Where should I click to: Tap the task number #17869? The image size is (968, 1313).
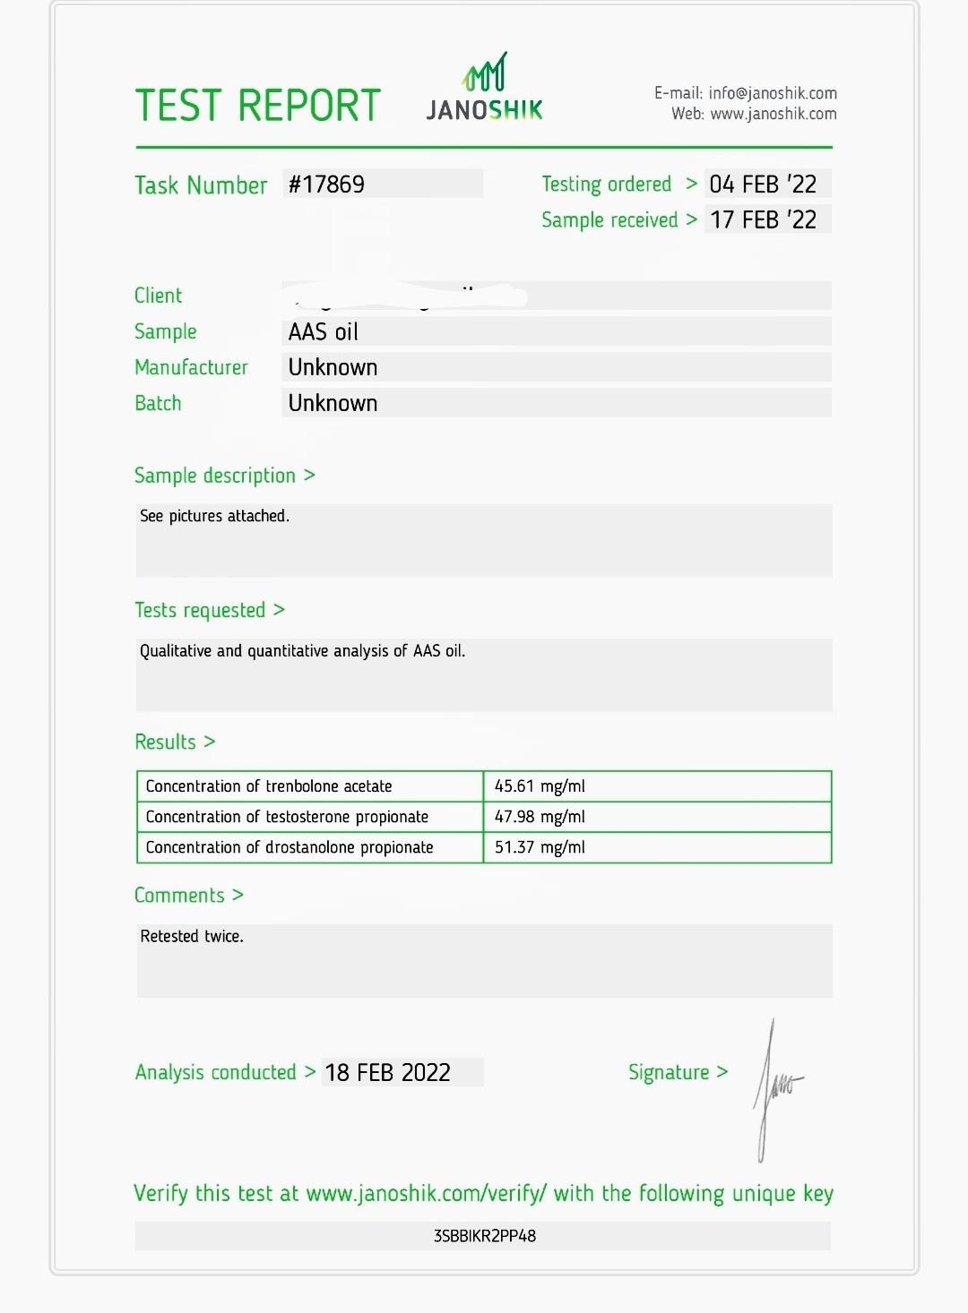point(326,185)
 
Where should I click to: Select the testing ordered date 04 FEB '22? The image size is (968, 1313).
point(763,185)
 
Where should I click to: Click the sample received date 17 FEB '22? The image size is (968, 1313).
point(763,220)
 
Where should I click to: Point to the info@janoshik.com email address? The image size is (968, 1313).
point(772,93)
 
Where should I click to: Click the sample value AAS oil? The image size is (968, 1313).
point(323,332)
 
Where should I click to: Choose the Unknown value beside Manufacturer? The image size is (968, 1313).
point(333,367)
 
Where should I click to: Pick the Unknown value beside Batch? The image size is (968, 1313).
point(333,403)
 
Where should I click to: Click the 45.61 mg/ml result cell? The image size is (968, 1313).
point(540,786)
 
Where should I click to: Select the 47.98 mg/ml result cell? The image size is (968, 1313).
point(540,817)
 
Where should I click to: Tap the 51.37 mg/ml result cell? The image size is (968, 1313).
point(540,847)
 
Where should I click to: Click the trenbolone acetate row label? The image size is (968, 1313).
point(269,786)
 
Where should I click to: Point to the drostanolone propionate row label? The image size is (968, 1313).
point(290,847)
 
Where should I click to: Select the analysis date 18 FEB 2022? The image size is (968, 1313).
point(387,1073)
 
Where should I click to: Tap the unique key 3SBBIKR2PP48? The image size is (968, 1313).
point(484,1236)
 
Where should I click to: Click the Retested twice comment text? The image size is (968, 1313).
point(192,937)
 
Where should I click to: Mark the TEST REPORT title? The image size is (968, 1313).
point(258,106)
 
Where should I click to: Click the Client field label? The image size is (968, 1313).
point(158,296)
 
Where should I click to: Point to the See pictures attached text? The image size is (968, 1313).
point(214,516)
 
